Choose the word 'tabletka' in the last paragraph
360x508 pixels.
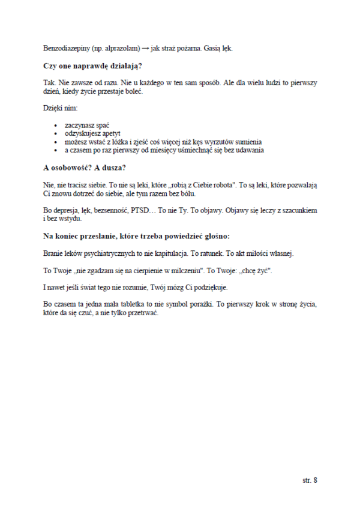pyautogui.click(x=140, y=304)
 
